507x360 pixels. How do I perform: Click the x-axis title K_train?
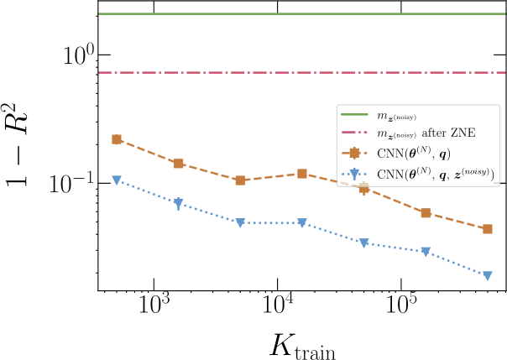(x=301, y=344)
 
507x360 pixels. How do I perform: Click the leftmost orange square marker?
(x=117, y=139)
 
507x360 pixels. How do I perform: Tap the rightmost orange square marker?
(x=488, y=229)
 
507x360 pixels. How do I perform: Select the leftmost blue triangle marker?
(x=117, y=180)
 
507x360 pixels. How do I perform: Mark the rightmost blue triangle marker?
(x=488, y=275)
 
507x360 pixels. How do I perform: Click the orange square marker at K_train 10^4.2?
(x=302, y=174)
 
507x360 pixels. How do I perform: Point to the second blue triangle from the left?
(x=179, y=203)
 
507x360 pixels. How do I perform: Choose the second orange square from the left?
(x=179, y=164)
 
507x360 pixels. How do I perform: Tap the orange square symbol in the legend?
(x=354, y=154)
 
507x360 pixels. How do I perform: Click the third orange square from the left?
(x=240, y=180)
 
